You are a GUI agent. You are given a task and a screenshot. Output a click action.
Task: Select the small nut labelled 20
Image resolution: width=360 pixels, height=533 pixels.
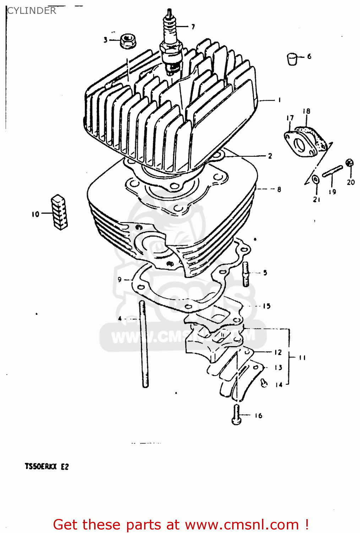point(350,163)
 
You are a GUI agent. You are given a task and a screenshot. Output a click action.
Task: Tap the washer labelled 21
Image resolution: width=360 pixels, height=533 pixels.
point(315,180)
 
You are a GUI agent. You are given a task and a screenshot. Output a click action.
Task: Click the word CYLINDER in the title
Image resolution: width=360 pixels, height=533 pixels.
point(32,11)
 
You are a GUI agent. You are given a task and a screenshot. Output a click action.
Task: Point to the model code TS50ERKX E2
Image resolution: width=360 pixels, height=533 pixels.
point(47,467)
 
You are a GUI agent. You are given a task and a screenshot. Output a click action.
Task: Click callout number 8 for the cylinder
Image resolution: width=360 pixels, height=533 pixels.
point(279,189)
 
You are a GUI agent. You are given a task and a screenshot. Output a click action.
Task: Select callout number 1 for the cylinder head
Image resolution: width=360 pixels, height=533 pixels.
point(279,100)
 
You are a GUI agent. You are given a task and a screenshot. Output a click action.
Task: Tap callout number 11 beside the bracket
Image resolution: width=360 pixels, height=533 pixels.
point(302,357)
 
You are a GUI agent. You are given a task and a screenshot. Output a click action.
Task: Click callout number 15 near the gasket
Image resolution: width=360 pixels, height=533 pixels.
point(267,306)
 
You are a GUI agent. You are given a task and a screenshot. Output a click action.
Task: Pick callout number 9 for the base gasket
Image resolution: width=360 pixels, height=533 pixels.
point(120,280)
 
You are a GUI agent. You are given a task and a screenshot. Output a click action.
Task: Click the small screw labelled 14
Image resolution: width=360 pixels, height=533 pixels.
point(264,383)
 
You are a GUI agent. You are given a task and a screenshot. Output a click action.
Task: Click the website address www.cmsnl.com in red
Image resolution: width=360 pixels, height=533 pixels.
point(242,524)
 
